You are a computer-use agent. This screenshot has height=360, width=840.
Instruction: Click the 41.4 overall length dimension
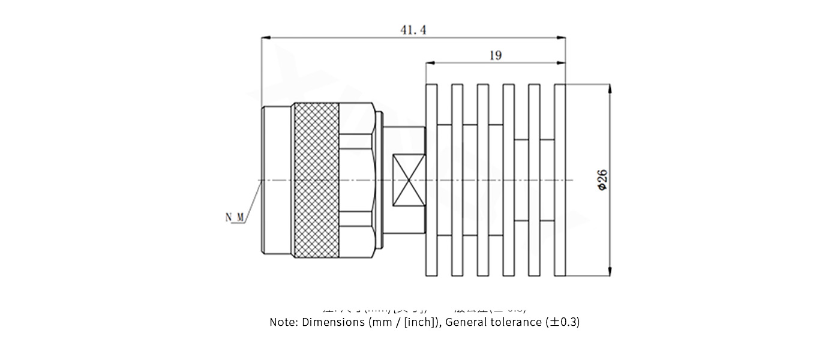(x=413, y=29)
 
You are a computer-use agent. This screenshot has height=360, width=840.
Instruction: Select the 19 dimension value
(x=495, y=55)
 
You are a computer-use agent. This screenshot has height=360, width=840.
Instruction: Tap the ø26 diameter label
(x=602, y=180)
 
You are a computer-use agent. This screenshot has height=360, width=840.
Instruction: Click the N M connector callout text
(x=235, y=217)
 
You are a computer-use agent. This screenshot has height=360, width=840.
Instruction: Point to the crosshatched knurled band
(x=316, y=180)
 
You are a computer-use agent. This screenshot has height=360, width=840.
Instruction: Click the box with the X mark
(x=408, y=180)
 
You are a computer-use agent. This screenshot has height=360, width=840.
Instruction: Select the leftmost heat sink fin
(x=431, y=180)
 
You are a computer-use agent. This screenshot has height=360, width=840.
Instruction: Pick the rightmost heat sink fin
(x=560, y=180)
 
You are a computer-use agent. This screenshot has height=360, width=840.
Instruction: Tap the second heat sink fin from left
(x=457, y=180)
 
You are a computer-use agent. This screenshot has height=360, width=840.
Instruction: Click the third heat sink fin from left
(x=483, y=180)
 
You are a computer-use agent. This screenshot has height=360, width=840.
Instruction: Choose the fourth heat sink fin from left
(x=508, y=180)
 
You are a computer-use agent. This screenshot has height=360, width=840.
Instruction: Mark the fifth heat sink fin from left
(x=534, y=180)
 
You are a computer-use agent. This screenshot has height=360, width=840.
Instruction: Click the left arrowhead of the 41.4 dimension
(x=265, y=38)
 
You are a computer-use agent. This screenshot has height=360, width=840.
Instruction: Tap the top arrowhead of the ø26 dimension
(x=610, y=88)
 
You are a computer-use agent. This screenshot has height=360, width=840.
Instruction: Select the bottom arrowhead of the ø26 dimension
(x=610, y=272)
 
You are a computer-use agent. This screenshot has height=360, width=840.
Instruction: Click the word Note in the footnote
(x=283, y=322)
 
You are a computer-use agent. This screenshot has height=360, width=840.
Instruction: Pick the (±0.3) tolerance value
(x=562, y=322)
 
